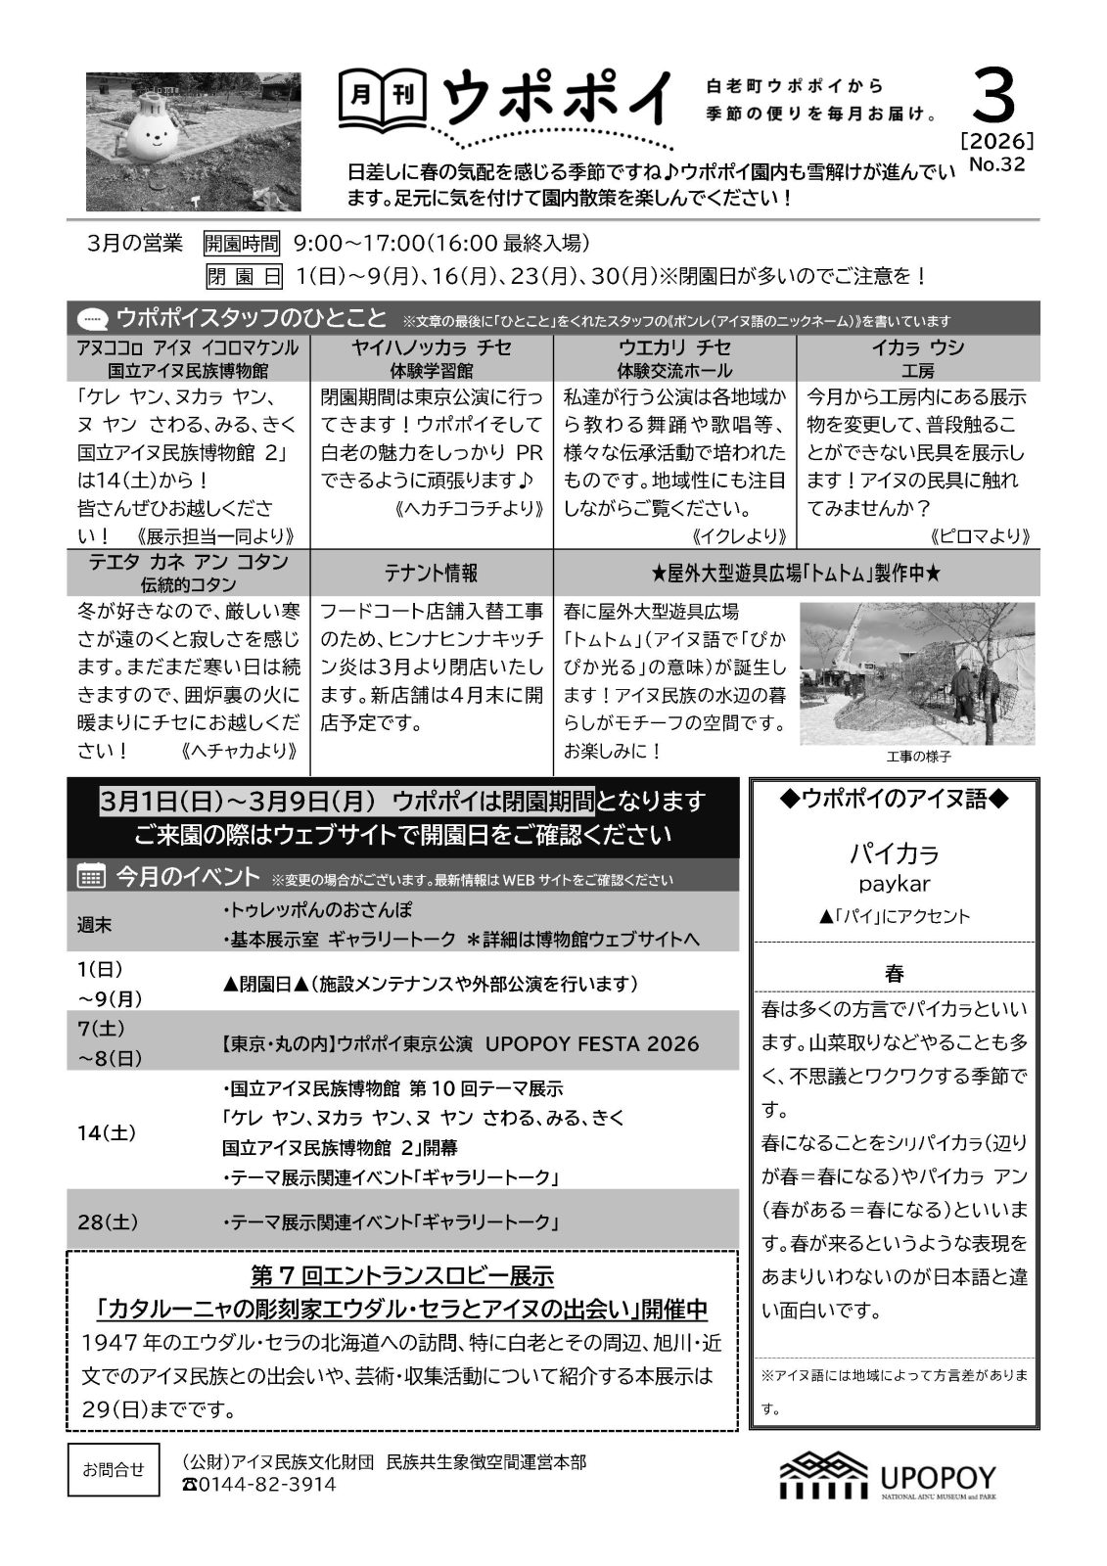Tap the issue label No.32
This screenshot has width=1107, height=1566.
point(996,164)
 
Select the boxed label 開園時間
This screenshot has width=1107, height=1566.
point(241,243)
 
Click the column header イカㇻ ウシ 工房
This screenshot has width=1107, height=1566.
point(917,358)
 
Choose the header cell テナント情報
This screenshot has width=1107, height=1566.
point(431,573)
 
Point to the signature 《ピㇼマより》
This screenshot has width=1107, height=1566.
point(979,536)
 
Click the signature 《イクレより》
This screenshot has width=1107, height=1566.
point(739,536)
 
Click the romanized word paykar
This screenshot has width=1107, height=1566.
point(894,884)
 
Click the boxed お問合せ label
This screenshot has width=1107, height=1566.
point(113,1469)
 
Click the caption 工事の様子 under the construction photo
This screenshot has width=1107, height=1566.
point(918,757)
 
